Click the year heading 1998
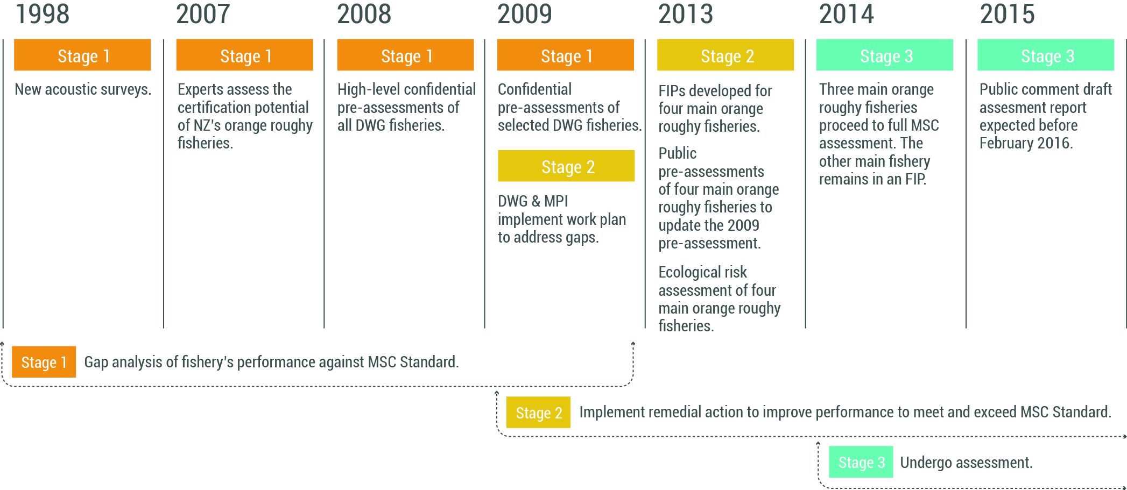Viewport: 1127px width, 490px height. coord(43,14)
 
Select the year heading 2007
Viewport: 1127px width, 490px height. coord(203,14)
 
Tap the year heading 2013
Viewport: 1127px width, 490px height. coord(686,14)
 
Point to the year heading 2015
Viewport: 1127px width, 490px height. coord(1007,14)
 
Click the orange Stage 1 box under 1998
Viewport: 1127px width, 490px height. coord(82,55)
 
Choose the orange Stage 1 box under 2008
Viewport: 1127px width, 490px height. coord(405,55)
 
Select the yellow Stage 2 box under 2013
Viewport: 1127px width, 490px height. coord(725,55)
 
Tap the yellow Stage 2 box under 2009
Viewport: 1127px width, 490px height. coord(566,166)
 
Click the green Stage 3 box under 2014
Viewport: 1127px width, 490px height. coord(885,55)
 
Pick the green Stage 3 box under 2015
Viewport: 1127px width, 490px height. coord(1046,55)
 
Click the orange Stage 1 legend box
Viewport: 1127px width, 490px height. coord(44,362)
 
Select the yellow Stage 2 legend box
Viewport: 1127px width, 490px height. coord(538,412)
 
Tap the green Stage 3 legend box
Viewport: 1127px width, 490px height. coord(861,462)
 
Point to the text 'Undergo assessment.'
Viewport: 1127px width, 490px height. coord(966,463)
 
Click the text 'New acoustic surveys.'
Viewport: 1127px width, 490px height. coord(83,89)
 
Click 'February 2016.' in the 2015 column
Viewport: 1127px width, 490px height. coord(1026,143)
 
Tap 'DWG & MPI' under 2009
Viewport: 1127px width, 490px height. coord(533,201)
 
